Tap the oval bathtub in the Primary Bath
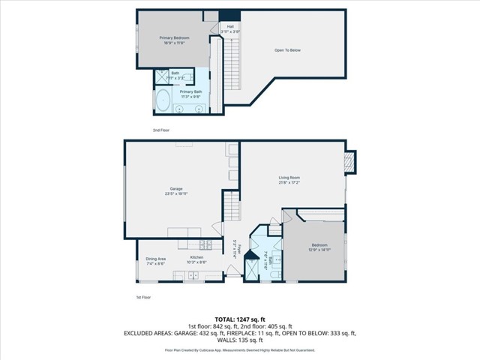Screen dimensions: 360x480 click(163, 100)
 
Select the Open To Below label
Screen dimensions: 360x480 click(286, 50)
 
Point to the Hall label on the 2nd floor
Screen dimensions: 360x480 click(229, 27)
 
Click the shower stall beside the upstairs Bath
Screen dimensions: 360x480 click(161, 75)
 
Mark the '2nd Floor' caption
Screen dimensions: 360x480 click(161, 130)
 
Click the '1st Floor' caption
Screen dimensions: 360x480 click(144, 298)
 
